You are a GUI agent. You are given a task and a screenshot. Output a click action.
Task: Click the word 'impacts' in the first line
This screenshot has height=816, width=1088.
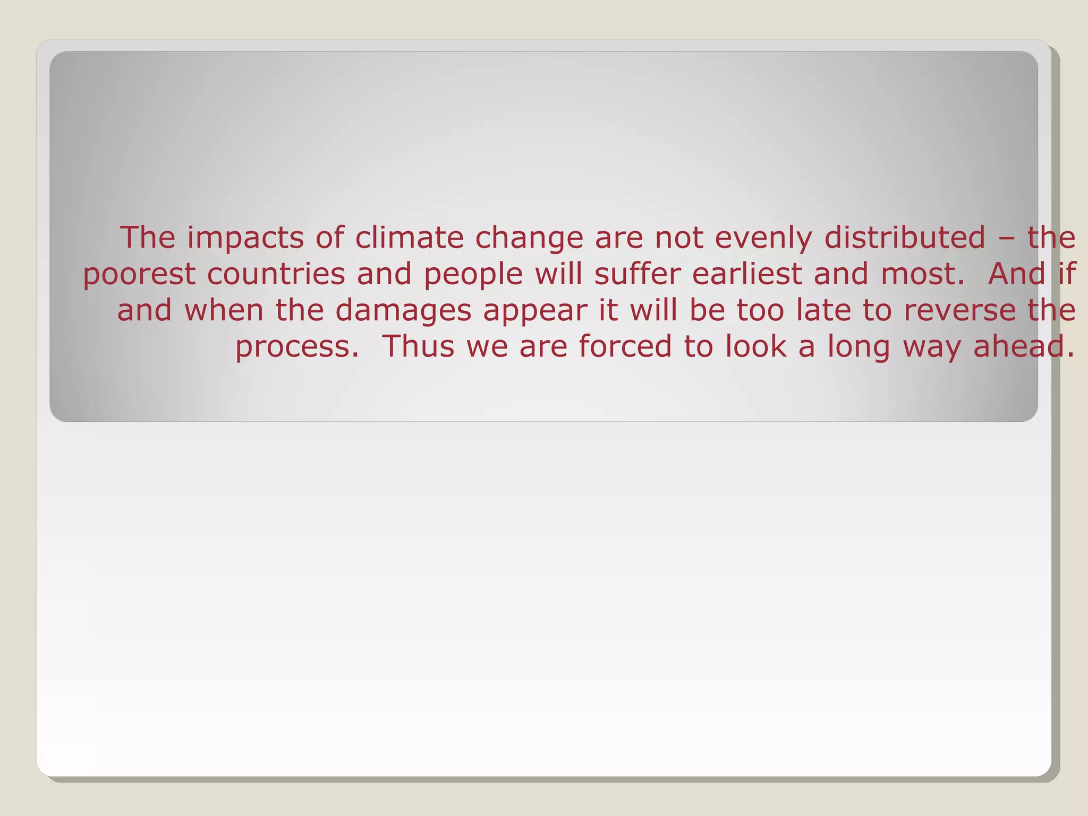tap(245, 238)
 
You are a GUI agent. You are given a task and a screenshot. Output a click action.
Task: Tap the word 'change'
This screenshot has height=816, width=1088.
tap(529, 238)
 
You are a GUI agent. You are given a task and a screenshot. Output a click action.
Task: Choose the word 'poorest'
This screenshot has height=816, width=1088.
tap(139, 275)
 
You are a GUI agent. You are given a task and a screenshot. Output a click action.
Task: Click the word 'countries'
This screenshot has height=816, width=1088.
tap(276, 274)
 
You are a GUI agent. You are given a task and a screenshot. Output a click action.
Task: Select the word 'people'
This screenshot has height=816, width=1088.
tap(473, 275)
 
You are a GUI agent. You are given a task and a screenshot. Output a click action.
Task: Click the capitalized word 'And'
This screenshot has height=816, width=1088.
tap(1017, 274)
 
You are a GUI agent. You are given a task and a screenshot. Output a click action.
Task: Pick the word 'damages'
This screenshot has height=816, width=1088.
tap(403, 311)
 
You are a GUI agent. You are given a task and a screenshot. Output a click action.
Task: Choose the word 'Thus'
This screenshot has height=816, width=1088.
tap(419, 346)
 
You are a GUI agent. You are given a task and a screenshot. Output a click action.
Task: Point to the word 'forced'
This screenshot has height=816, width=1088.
tap(625, 346)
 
